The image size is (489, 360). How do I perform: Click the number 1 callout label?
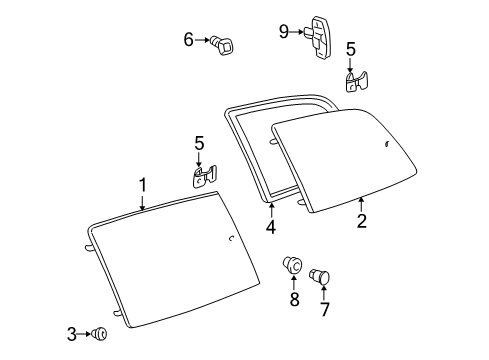pos(142,184)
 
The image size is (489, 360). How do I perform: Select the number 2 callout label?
pos(361,221)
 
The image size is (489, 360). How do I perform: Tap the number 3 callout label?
pos(72,334)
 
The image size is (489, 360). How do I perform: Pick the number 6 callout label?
pos(188,40)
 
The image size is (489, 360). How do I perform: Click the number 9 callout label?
pos(283,31)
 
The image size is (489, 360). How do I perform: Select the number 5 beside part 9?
pos(350,48)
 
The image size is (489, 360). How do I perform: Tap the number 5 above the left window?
pos(199,143)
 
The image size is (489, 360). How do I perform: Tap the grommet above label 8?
pos(292,266)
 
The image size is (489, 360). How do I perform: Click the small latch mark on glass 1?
pos(231,239)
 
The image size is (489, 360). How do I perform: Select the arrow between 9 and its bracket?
pos(298,32)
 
